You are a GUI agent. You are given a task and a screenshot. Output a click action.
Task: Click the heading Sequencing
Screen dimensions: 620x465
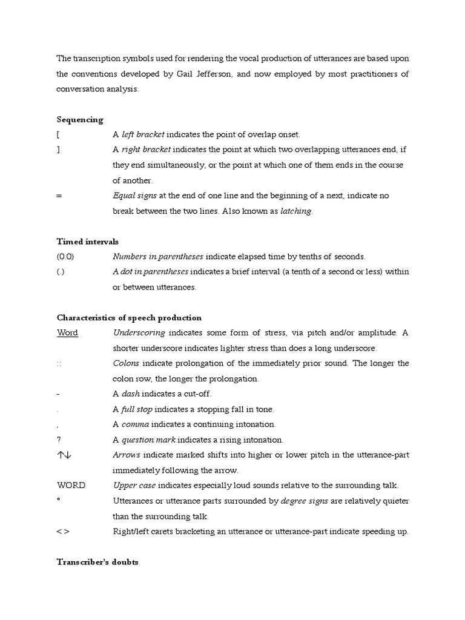click(80, 119)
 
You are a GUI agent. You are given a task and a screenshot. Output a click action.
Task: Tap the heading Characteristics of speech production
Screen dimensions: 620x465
click(129, 317)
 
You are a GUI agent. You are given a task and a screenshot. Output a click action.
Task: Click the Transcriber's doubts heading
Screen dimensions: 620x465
click(97, 562)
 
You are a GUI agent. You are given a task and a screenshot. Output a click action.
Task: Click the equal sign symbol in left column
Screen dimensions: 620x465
click(59, 196)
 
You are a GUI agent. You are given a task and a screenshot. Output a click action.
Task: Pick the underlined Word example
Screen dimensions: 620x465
click(67, 333)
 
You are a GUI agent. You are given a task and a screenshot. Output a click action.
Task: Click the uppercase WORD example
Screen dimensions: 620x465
click(71, 486)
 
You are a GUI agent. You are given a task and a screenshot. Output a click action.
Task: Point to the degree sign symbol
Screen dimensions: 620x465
click(59, 500)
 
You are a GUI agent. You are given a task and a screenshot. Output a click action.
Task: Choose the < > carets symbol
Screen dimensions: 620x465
click(64, 532)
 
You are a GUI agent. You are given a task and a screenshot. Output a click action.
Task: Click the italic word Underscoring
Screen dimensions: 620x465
click(139, 333)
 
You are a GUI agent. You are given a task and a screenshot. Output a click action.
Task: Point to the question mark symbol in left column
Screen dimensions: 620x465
click(59, 440)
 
